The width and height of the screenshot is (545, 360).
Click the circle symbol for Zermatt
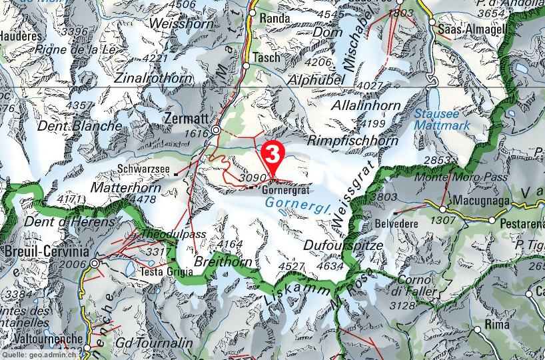(216, 131)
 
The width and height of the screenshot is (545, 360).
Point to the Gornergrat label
(286, 188)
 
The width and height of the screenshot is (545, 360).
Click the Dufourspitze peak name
(343, 245)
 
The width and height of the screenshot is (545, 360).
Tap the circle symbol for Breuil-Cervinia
(95, 264)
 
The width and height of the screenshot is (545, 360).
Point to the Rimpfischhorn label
(353, 141)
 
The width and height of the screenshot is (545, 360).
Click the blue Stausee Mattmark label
(442, 119)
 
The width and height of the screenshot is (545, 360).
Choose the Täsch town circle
(246, 67)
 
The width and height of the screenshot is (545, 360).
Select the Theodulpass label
(174, 234)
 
